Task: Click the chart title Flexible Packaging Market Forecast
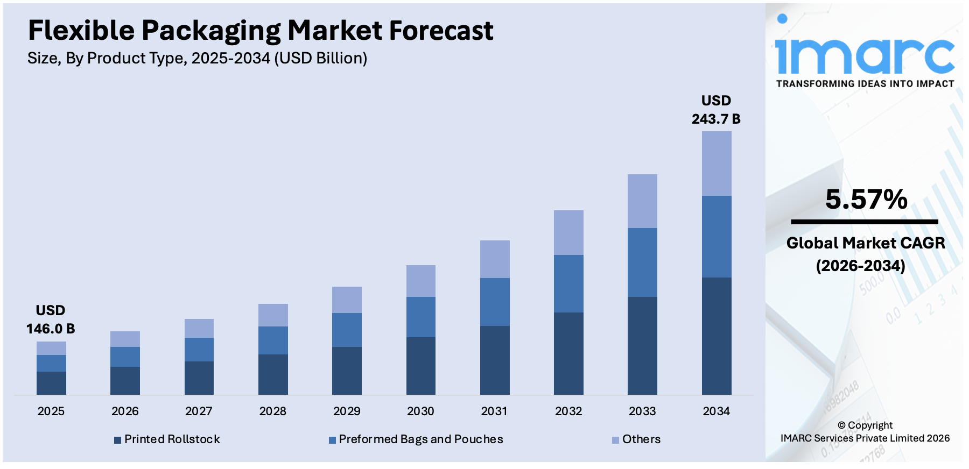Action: (261, 31)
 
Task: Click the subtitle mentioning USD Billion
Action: (197, 58)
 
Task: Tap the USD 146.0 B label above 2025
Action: (51, 319)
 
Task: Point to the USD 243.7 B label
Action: (716, 110)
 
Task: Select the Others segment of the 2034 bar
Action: (717, 164)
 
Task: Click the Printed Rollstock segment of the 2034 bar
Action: (717, 336)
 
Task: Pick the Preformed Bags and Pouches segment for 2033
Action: (642, 262)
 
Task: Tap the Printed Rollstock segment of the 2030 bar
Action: (421, 366)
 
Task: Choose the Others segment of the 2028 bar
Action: (273, 315)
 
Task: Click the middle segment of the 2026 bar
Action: (125, 357)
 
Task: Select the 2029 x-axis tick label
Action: (347, 411)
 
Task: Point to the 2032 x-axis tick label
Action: (568, 411)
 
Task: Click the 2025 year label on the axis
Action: (51, 411)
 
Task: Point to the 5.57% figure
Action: (866, 200)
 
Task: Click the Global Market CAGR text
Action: (865, 244)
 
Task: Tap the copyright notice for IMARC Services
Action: (865, 432)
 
